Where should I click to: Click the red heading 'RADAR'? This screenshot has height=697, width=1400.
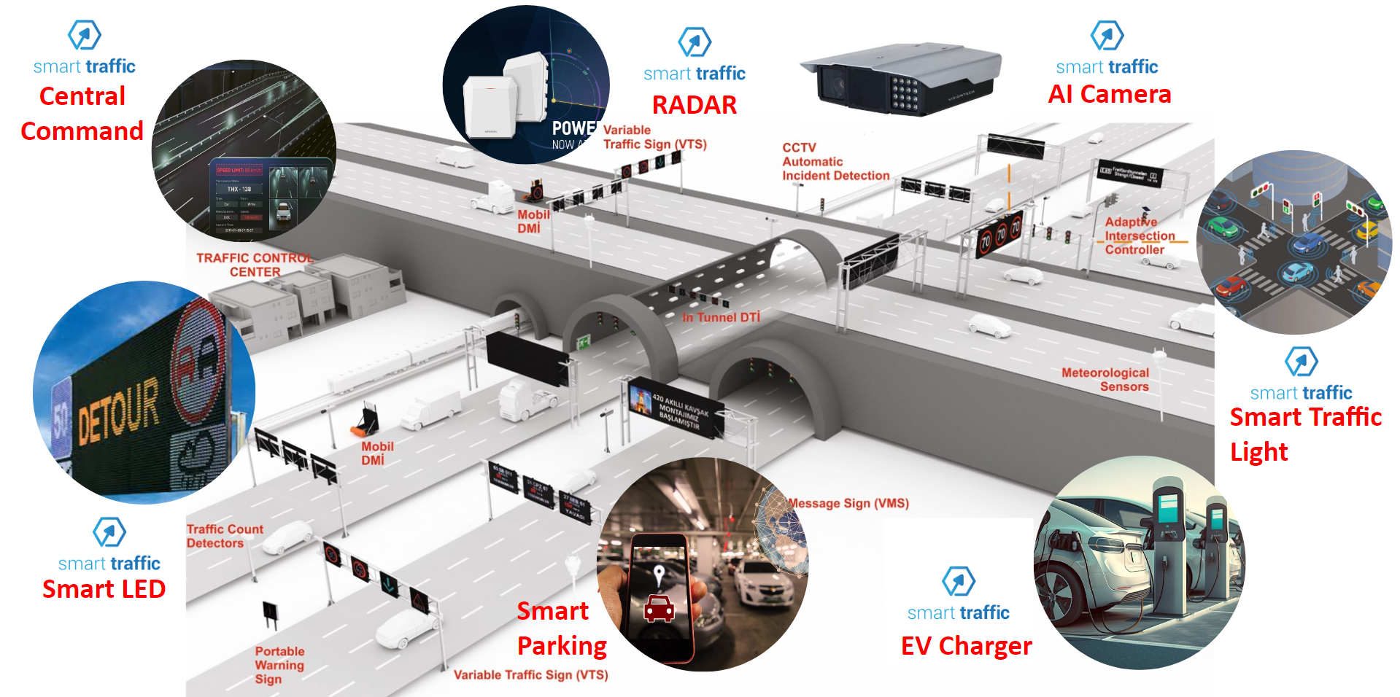click(x=694, y=105)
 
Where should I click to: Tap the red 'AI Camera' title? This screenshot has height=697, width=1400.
click(x=1109, y=94)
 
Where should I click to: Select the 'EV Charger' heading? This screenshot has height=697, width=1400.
click(x=966, y=646)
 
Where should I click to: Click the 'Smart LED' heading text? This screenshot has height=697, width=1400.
click(x=104, y=589)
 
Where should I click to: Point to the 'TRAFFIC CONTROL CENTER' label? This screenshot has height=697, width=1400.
click(x=255, y=265)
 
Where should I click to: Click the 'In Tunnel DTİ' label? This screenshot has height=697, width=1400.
click(x=721, y=317)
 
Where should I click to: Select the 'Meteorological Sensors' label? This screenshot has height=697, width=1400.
click(x=1105, y=379)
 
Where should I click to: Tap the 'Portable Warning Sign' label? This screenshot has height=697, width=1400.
click(x=279, y=665)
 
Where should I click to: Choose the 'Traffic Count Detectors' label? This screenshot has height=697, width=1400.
click(x=224, y=536)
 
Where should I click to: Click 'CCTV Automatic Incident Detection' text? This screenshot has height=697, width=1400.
click(x=835, y=161)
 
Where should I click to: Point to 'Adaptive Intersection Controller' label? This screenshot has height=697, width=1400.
click(x=1140, y=235)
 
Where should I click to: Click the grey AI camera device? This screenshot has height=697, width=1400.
click(x=901, y=79)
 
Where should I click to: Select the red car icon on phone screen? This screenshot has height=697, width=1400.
click(x=659, y=608)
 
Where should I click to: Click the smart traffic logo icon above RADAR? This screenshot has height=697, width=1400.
click(x=695, y=42)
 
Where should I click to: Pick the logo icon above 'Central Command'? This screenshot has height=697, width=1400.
click(x=85, y=34)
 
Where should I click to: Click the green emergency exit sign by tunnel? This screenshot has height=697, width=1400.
click(x=584, y=342)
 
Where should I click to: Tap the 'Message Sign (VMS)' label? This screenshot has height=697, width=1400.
click(x=848, y=503)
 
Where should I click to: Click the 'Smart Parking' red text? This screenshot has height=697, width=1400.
click(x=561, y=628)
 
